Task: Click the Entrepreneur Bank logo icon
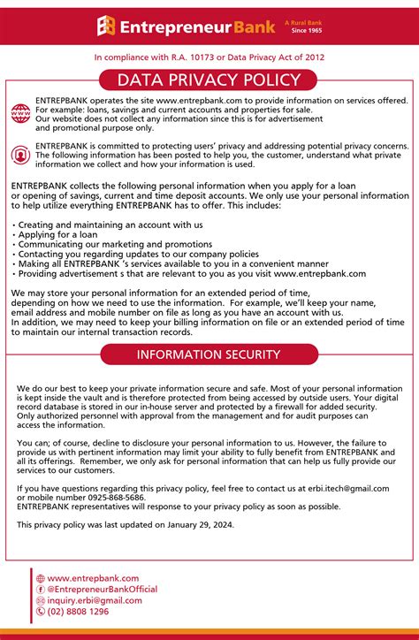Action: click(x=106, y=27)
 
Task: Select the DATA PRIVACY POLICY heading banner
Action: click(x=209, y=80)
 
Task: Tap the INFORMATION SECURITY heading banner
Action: click(x=209, y=355)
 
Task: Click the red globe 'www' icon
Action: click(x=20, y=113)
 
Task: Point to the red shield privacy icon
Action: click(x=20, y=155)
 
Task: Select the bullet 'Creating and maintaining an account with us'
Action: click(x=110, y=225)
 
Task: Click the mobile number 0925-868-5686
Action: click(x=112, y=498)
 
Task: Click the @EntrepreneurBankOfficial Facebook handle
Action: click(x=102, y=589)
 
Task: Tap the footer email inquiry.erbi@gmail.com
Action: click(x=95, y=600)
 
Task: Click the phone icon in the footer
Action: click(x=41, y=611)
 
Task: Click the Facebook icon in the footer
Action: click(x=41, y=589)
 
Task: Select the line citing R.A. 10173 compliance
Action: click(x=209, y=57)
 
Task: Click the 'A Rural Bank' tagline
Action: click(x=302, y=22)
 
